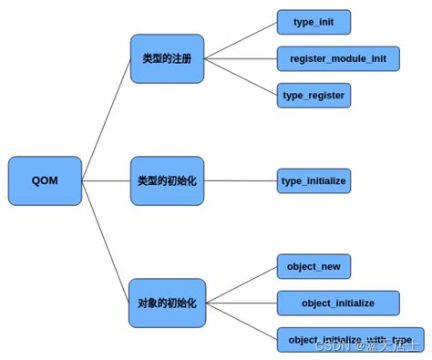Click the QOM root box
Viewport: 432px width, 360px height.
pyautogui.click(x=45, y=180)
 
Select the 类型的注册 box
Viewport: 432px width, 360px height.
pyautogui.click(x=167, y=59)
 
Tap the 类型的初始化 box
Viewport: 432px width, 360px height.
pyautogui.click(x=167, y=180)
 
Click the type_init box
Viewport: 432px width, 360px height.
pyautogui.click(x=314, y=21)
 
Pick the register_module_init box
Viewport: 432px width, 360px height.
pyautogui.click(x=338, y=59)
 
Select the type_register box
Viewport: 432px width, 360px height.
pyautogui.click(x=314, y=95)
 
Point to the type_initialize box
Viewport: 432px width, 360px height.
pyautogui.click(x=314, y=180)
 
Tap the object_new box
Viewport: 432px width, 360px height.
pyautogui.click(x=314, y=266)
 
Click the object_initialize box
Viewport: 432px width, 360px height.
pyautogui.click(x=338, y=302)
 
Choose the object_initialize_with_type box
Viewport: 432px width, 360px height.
pyautogui.click(x=350, y=338)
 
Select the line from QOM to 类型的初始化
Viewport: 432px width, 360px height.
pyautogui.click(x=106, y=180)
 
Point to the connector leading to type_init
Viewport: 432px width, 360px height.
pyautogui.click(x=241, y=40)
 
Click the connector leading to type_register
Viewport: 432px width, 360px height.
pyautogui.click(x=241, y=77)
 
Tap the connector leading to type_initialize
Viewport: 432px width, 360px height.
pyautogui.click(x=241, y=180)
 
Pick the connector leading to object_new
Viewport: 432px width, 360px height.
pyautogui.click(x=241, y=283)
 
